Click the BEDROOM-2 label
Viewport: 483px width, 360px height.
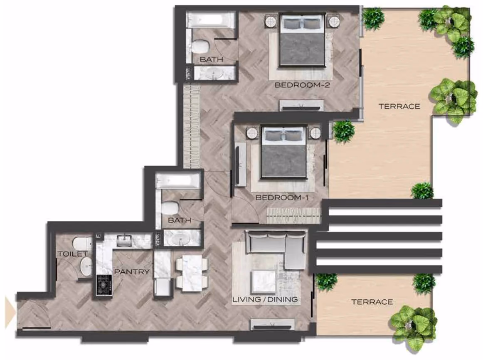click(302, 85)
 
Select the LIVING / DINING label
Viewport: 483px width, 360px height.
click(265, 299)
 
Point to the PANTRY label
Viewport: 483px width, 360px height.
click(131, 271)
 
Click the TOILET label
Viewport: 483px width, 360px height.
click(73, 254)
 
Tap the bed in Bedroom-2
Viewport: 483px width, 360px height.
click(302, 39)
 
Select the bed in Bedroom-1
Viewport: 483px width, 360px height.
click(284, 152)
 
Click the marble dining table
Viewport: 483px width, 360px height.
click(192, 273)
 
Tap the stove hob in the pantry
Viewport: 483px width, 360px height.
click(104, 285)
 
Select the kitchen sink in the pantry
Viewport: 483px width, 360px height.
click(124, 241)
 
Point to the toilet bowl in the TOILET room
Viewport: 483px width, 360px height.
click(83, 243)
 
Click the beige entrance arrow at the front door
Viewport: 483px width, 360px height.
click(10, 311)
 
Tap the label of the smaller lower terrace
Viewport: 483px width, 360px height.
click(372, 302)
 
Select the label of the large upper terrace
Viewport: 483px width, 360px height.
click(399, 106)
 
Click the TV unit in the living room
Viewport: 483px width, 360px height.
click(272, 324)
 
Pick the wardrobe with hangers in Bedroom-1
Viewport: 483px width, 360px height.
click(293, 215)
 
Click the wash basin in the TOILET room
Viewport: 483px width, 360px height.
click(86, 266)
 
